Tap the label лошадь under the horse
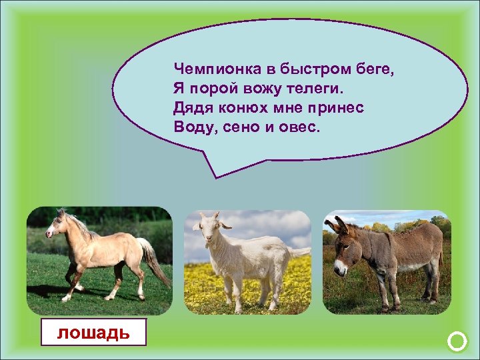(x=93, y=331)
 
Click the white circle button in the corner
(x=457, y=343)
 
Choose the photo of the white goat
(x=247, y=263)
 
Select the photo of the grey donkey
(x=387, y=263)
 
